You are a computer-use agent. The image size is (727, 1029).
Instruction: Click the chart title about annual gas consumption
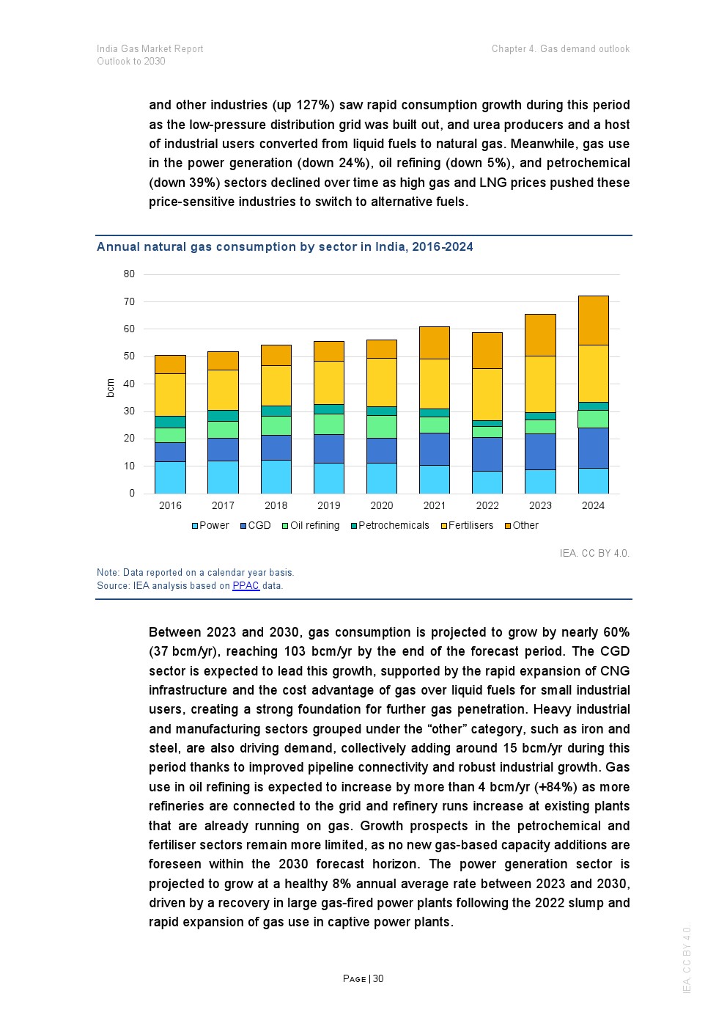(x=284, y=247)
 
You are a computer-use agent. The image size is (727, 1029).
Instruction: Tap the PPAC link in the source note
(x=246, y=586)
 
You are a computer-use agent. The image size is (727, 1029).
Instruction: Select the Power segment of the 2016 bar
(x=170, y=477)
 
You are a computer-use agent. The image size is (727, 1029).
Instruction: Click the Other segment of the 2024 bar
(x=593, y=321)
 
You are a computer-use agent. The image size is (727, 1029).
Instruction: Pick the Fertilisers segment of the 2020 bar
(x=381, y=382)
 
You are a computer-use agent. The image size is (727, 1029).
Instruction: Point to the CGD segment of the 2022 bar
(x=487, y=454)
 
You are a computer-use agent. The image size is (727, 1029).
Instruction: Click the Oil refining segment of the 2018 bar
(x=276, y=425)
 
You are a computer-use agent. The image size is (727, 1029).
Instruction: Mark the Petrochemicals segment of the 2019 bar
(x=328, y=409)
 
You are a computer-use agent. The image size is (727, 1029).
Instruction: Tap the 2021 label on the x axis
(x=435, y=506)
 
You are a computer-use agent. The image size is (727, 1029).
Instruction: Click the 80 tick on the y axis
(x=130, y=274)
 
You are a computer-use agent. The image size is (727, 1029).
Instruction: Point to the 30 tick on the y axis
(x=130, y=411)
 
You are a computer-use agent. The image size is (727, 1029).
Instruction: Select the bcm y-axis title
(x=111, y=388)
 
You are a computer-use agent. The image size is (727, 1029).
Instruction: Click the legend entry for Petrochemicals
(x=390, y=526)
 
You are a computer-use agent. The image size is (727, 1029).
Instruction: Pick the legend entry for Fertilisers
(x=467, y=526)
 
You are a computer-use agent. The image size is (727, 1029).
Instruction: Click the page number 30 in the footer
(x=378, y=979)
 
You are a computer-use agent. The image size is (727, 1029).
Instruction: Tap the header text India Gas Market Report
(x=150, y=49)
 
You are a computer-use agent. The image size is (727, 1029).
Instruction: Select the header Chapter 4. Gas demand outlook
(x=560, y=49)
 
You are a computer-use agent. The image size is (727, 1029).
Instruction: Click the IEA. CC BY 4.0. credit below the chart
(x=594, y=554)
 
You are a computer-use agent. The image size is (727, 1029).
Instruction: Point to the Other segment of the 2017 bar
(x=223, y=361)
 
